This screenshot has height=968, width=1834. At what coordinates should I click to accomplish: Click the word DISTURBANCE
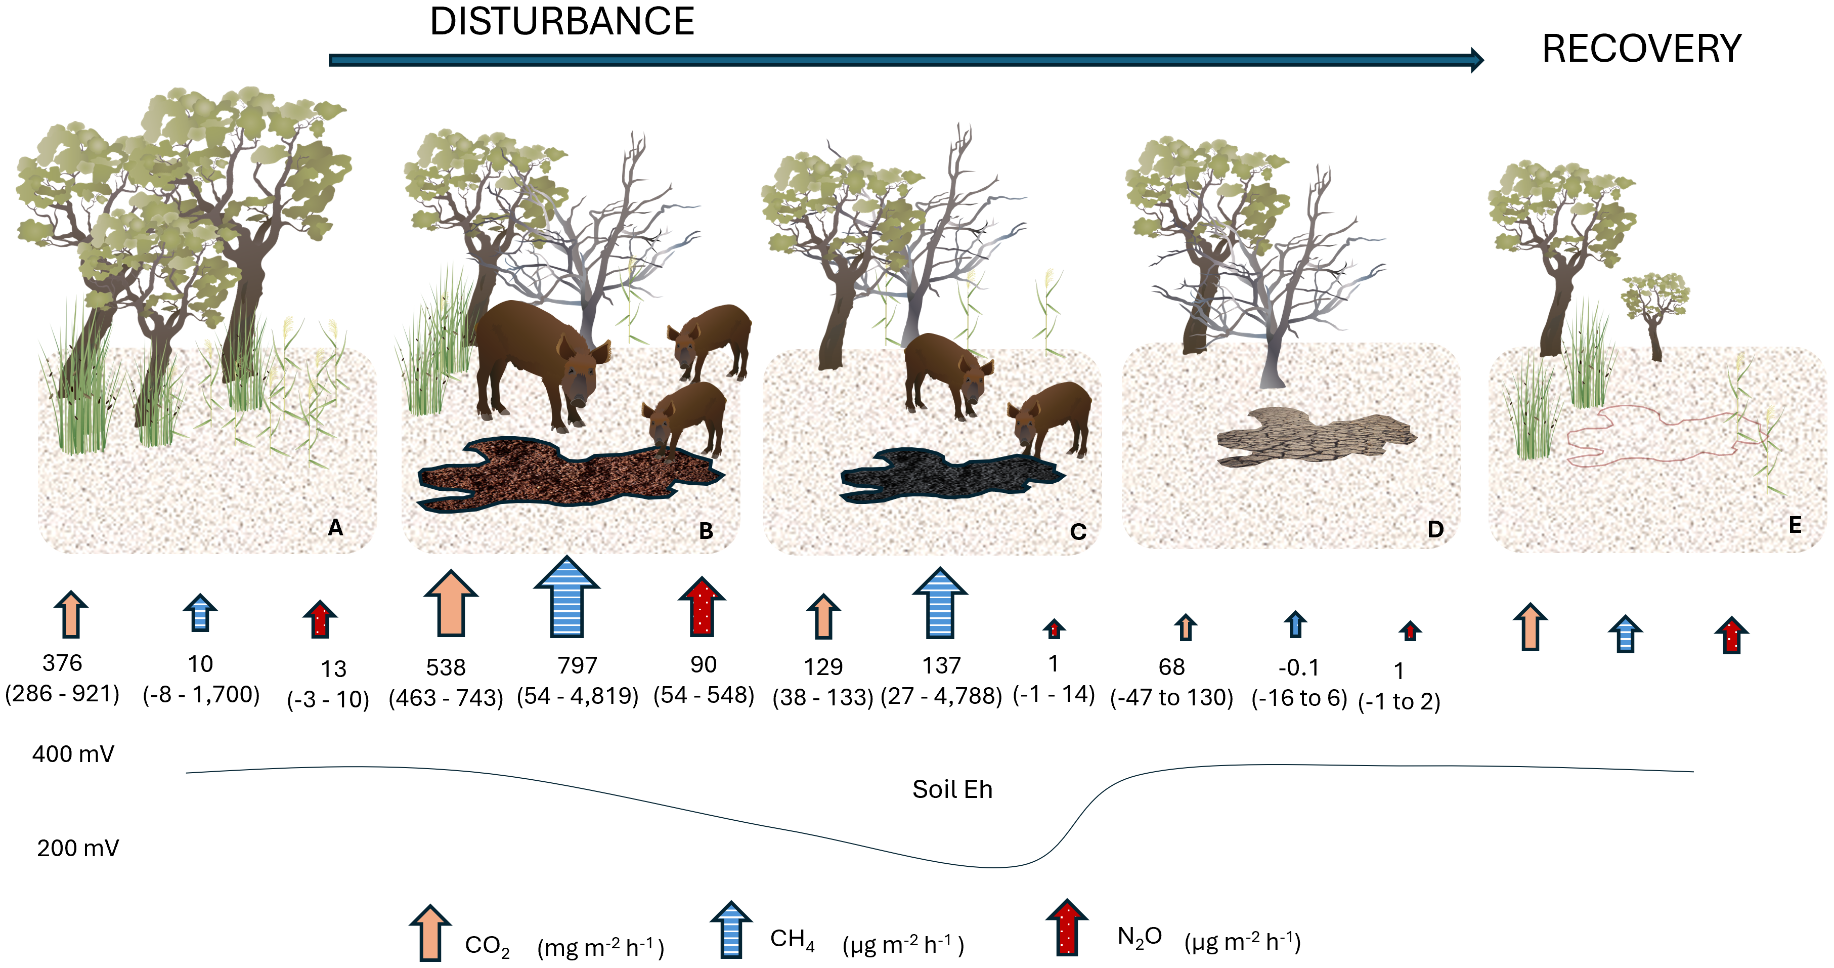point(562,21)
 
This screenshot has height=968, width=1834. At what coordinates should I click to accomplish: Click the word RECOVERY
point(1641,49)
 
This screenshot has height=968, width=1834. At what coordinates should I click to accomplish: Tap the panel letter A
point(335,528)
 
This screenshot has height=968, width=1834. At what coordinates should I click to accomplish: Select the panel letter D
point(1435,529)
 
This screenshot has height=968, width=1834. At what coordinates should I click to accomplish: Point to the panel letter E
point(1795,526)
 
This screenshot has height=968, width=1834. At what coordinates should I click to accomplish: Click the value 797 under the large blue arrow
point(578,665)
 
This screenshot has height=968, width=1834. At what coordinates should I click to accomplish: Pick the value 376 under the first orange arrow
point(63,663)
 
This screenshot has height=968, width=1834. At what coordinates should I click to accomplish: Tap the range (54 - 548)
point(704,695)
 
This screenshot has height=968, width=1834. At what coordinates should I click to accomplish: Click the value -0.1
point(1298,667)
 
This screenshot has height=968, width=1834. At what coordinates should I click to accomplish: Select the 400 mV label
point(73,753)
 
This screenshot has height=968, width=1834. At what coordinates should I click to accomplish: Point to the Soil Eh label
point(952,789)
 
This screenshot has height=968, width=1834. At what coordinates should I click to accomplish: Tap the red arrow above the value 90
point(702,606)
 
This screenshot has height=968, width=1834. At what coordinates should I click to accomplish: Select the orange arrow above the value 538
point(451,603)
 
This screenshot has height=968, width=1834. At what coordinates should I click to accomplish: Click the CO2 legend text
point(487,946)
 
